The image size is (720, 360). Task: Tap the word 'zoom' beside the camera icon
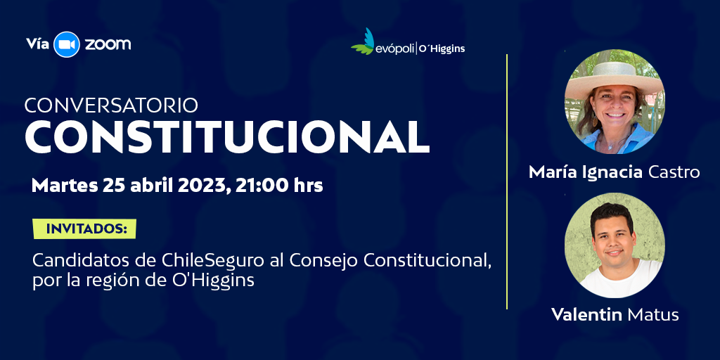(108, 44)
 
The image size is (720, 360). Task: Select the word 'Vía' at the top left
(37, 44)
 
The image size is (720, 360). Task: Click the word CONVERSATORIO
(111, 105)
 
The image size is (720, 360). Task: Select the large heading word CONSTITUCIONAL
(227, 138)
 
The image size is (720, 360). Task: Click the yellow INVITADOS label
(84, 229)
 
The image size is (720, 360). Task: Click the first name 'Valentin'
(586, 314)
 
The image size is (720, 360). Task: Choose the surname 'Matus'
(653, 314)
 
